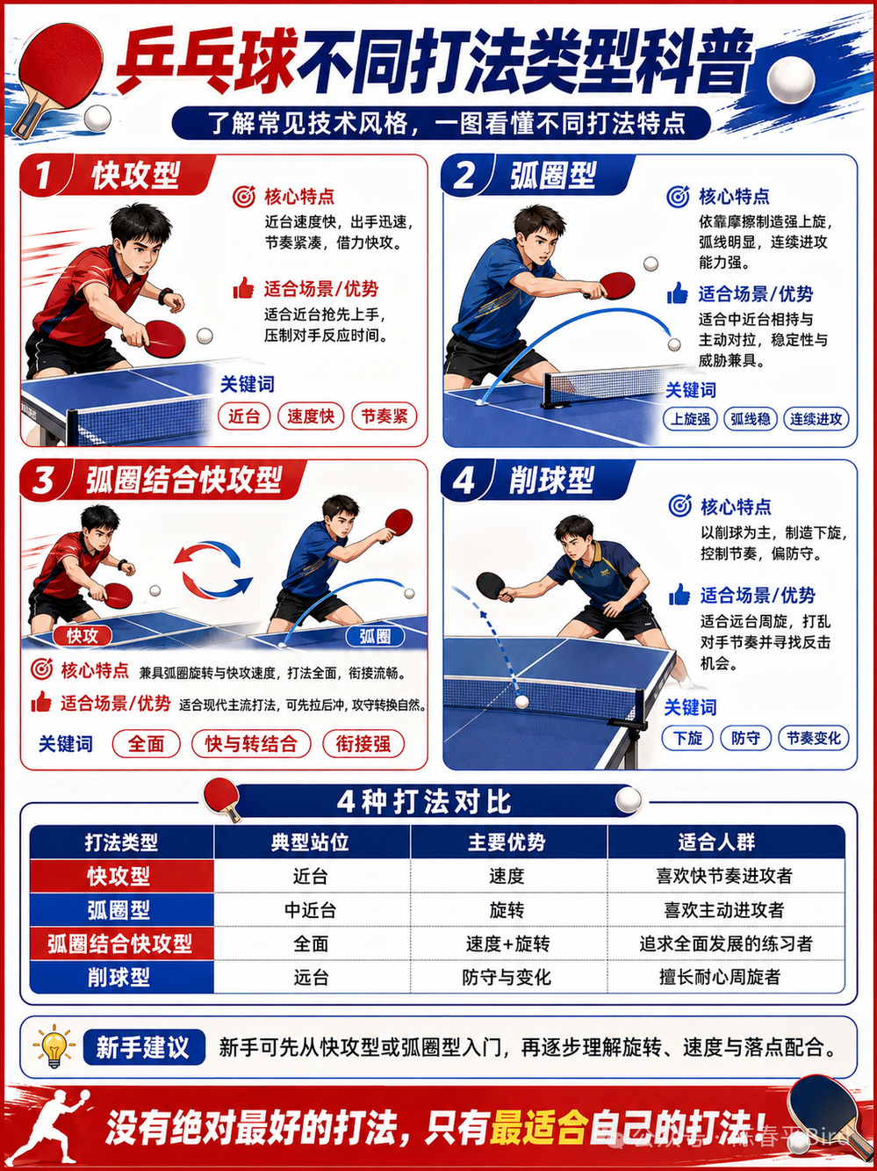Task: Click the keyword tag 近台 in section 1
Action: (244, 416)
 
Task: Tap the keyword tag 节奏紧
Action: (384, 416)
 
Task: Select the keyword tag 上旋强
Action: (690, 419)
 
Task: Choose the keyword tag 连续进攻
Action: (816, 419)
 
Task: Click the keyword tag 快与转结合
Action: (251, 743)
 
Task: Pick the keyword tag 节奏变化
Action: (814, 738)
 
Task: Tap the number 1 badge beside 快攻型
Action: (44, 175)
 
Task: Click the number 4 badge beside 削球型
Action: (464, 481)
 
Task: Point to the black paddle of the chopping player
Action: (492, 586)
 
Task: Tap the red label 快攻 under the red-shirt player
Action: (83, 635)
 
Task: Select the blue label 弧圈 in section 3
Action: (375, 636)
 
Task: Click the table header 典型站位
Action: (310, 842)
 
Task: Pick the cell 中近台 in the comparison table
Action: (310, 909)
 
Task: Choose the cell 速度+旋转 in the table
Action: (507, 943)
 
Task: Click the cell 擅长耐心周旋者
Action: (720, 977)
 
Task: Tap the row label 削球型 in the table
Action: (119, 977)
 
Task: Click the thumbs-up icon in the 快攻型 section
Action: (243, 288)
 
